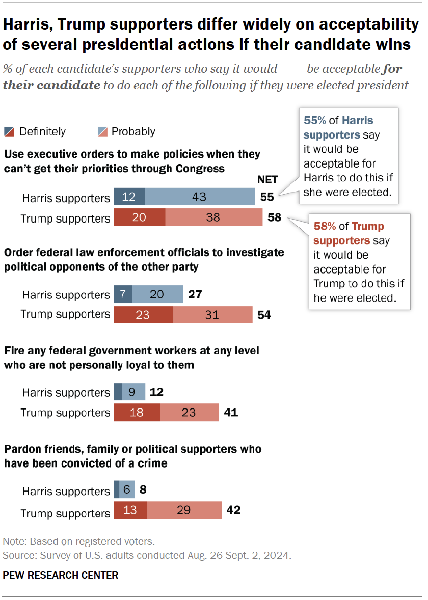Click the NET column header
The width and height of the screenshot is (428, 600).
click(x=266, y=179)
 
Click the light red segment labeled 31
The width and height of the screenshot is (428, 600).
click(x=212, y=315)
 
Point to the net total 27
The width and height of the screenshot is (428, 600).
click(x=196, y=294)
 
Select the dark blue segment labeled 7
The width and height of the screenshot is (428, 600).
click(x=123, y=294)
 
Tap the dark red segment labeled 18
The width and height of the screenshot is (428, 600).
click(x=137, y=412)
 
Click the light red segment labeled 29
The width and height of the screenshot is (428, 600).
click(x=184, y=510)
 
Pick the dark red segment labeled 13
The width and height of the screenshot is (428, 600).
click(x=130, y=510)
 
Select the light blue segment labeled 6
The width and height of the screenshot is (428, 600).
click(x=127, y=490)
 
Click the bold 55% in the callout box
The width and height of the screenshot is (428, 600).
click(x=314, y=121)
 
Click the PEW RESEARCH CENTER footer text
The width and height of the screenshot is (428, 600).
click(x=61, y=575)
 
